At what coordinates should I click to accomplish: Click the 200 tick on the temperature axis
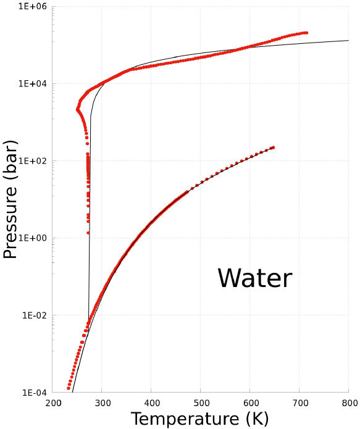(53, 402)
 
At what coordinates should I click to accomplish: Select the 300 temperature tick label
(102, 402)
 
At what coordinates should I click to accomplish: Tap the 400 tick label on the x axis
(151, 402)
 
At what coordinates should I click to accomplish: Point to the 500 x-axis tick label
(201, 402)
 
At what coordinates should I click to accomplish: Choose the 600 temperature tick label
(250, 402)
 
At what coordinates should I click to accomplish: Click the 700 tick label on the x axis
(299, 402)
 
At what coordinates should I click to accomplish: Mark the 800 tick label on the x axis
(348, 402)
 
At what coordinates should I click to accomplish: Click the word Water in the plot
(254, 278)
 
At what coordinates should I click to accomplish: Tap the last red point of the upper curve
(306, 33)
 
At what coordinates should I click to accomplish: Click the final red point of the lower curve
(273, 147)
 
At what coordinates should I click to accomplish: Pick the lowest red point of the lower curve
(69, 388)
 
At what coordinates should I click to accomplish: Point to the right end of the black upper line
(349, 40)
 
